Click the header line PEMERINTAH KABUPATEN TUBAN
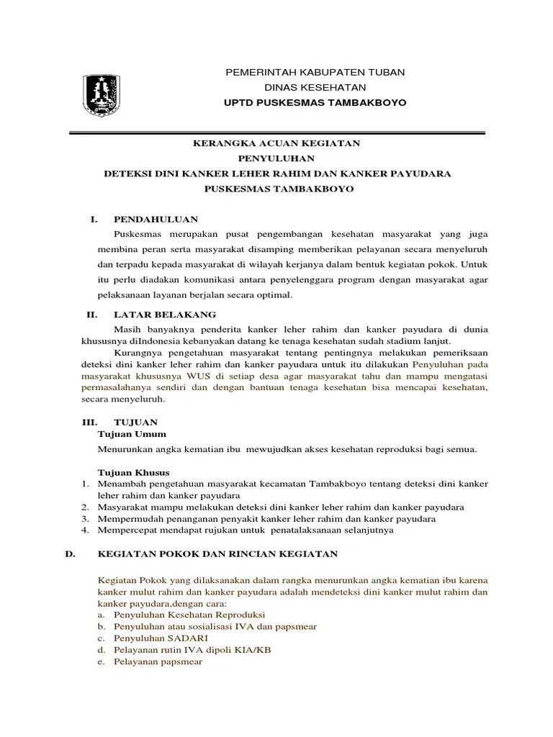pyautogui.click(x=315, y=73)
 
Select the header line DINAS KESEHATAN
pyautogui.click(x=315, y=88)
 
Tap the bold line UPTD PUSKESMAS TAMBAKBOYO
pyautogui.click(x=315, y=103)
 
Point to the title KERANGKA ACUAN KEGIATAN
pyautogui.click(x=276, y=144)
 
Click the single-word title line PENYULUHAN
pyautogui.click(x=276, y=158)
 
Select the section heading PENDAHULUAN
pyautogui.click(x=156, y=219)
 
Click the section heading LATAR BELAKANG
pyautogui.click(x=164, y=315)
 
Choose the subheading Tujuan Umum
pyautogui.click(x=132, y=434)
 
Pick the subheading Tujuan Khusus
pyautogui.click(x=133, y=473)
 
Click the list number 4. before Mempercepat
pyautogui.click(x=84, y=530)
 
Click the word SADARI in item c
pyautogui.click(x=189, y=638)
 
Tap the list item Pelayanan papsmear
pyautogui.click(x=158, y=661)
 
